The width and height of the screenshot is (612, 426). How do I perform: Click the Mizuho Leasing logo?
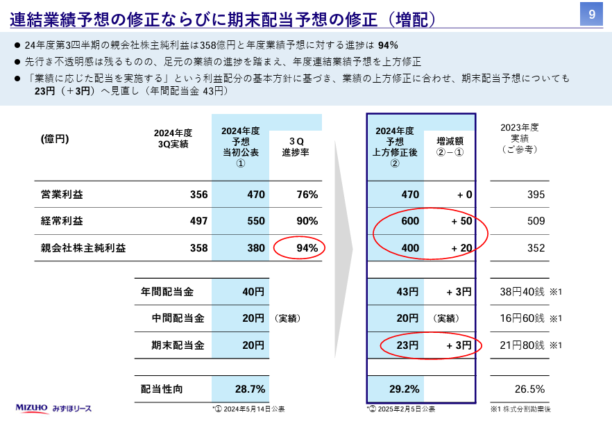53,408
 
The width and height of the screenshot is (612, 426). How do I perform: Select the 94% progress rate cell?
306,248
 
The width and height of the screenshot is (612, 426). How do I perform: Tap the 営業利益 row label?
62,195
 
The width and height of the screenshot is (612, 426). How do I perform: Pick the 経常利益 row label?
62,221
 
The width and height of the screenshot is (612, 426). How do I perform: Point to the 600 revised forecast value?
410,221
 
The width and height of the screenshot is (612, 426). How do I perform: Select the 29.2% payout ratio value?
406,389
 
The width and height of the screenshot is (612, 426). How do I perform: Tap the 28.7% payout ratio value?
250,389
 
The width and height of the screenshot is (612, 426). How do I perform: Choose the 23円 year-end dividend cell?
407,345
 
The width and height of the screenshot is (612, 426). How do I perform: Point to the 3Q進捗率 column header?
296,147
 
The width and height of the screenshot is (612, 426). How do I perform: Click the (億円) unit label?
55,139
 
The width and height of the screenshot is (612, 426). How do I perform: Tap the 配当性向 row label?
162,389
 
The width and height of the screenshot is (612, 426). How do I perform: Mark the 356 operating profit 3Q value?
198,195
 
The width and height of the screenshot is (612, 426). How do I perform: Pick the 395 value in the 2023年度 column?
536,195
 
